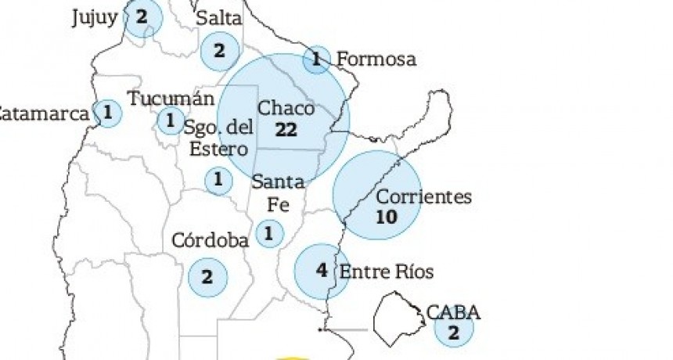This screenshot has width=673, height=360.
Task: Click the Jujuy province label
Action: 93,17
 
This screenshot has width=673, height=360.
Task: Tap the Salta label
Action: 219,18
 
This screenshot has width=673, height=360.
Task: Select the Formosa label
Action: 376,59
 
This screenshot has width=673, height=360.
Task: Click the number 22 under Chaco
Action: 286,130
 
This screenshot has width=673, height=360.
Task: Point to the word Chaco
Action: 286,109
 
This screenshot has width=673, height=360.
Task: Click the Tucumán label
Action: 170,99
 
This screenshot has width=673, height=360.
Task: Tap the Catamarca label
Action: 44,114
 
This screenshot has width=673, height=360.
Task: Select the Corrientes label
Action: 423,196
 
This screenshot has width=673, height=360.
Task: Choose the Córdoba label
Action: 210,240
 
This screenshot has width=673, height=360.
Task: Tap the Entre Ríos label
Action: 386,272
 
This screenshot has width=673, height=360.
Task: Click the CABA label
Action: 453,313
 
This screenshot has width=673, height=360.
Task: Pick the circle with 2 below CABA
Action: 454,331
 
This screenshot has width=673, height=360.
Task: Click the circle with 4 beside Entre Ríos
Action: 322,271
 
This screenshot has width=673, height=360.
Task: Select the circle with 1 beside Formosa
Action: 316,59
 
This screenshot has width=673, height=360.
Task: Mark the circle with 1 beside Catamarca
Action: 108,113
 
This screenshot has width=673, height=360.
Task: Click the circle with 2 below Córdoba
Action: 207,276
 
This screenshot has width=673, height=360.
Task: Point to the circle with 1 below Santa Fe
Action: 269,233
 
